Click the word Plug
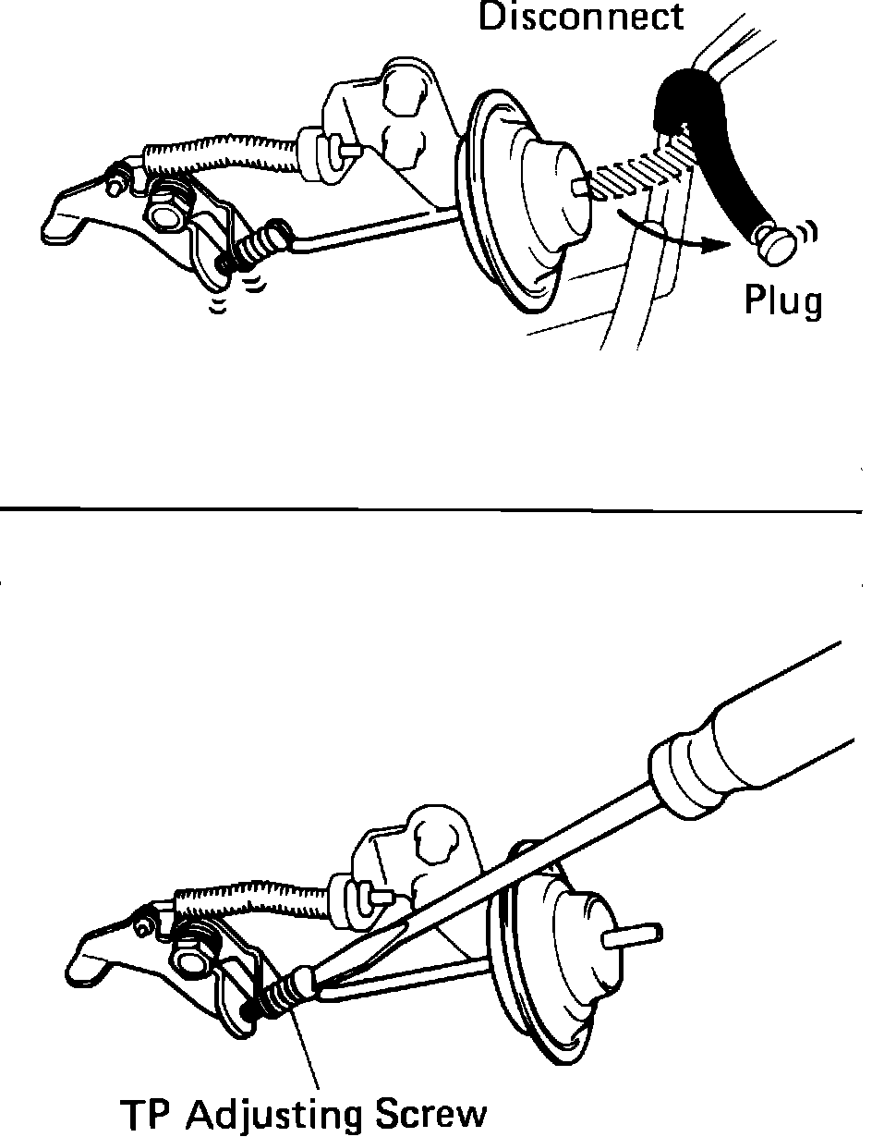(783, 302)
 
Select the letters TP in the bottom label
(146, 1113)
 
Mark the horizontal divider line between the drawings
(434, 508)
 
